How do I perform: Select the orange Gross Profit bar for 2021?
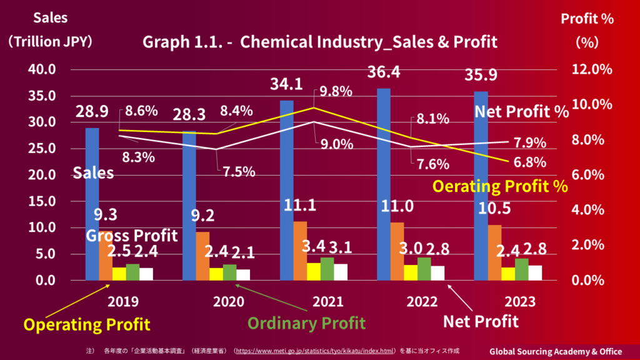click(300, 250)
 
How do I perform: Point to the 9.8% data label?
click(336, 91)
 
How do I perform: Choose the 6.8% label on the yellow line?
click(529, 162)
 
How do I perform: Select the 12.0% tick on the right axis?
click(592, 69)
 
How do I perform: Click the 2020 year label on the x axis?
click(229, 302)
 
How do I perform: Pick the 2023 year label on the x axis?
click(520, 302)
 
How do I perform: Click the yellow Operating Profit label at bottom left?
click(86, 325)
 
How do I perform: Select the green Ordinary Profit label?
click(306, 323)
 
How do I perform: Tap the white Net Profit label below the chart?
click(481, 322)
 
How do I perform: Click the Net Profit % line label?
click(522, 112)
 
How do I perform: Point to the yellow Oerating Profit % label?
click(500, 186)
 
